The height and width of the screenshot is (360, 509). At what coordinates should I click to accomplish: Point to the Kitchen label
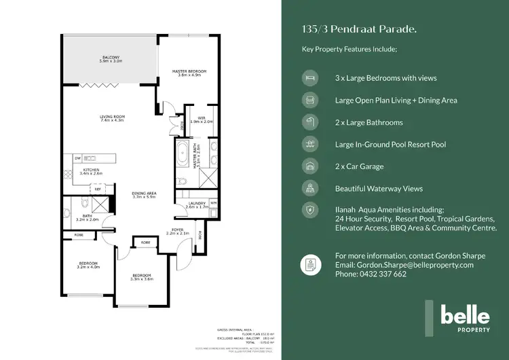90,171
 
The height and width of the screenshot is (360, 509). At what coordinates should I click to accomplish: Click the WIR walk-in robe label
201,120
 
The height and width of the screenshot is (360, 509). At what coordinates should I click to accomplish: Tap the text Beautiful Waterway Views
379,189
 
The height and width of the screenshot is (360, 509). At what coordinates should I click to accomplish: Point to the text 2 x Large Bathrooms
369,122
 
